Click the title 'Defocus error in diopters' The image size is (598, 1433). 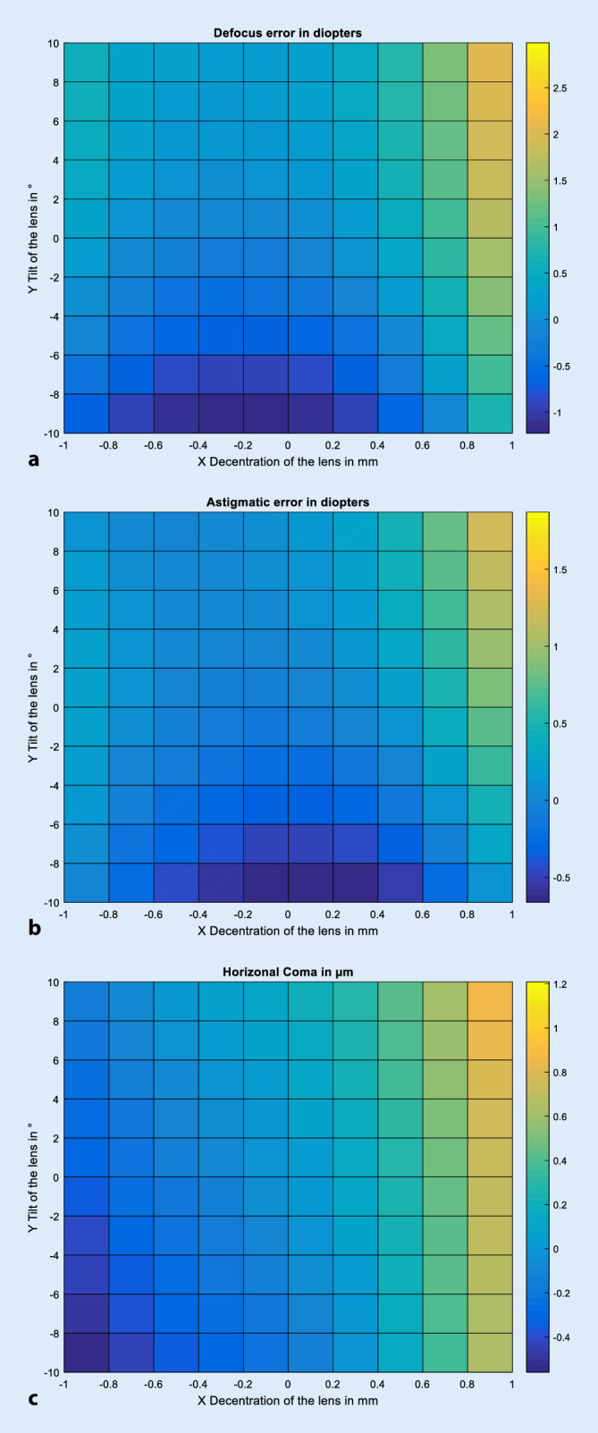pyautogui.click(x=287, y=33)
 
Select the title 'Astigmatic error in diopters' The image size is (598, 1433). pyautogui.click(x=287, y=502)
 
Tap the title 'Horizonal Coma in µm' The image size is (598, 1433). pyautogui.click(x=287, y=972)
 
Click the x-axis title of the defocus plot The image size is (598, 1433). pyautogui.click(x=287, y=461)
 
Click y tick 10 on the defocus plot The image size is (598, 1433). pyautogui.click(x=53, y=43)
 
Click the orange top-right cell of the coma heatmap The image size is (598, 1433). pyautogui.click(x=489, y=1001)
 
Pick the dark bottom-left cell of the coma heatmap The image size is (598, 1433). pyautogui.click(x=86, y=1352)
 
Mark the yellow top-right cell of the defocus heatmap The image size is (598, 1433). pyautogui.click(x=489, y=63)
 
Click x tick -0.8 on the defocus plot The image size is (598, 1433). pyautogui.click(x=108, y=445)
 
